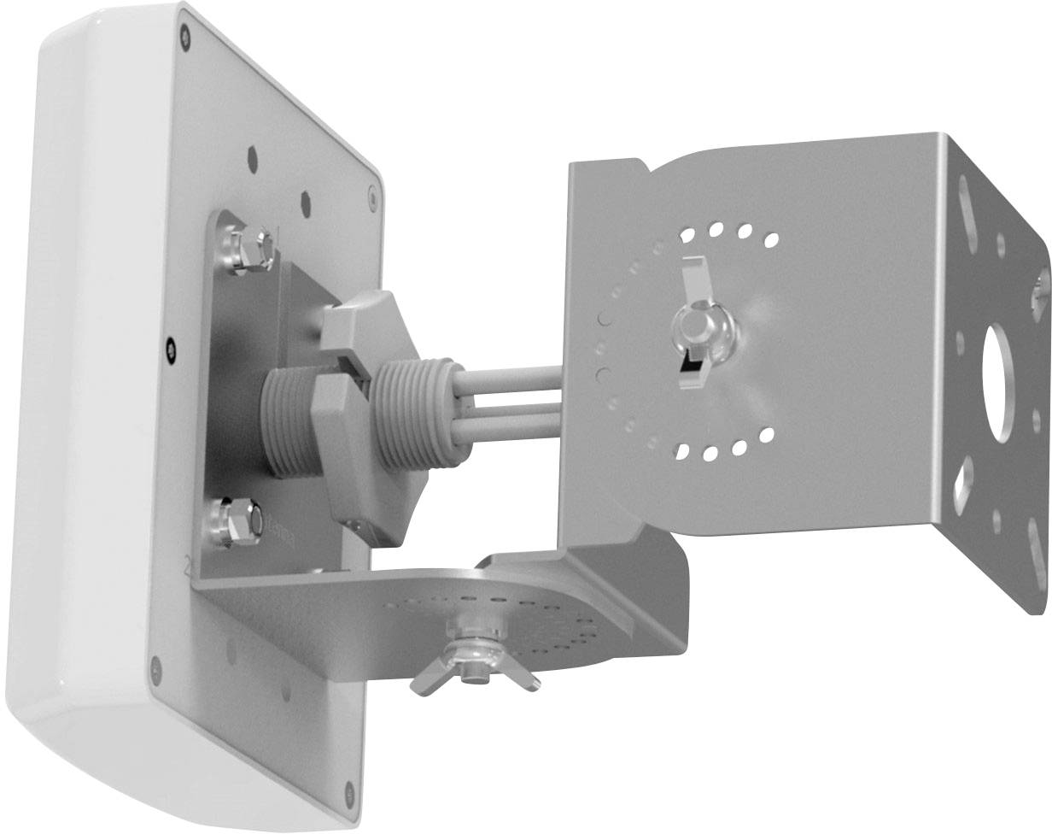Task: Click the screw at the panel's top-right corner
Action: click(x=373, y=197)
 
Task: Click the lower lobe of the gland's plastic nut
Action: click(x=354, y=479)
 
